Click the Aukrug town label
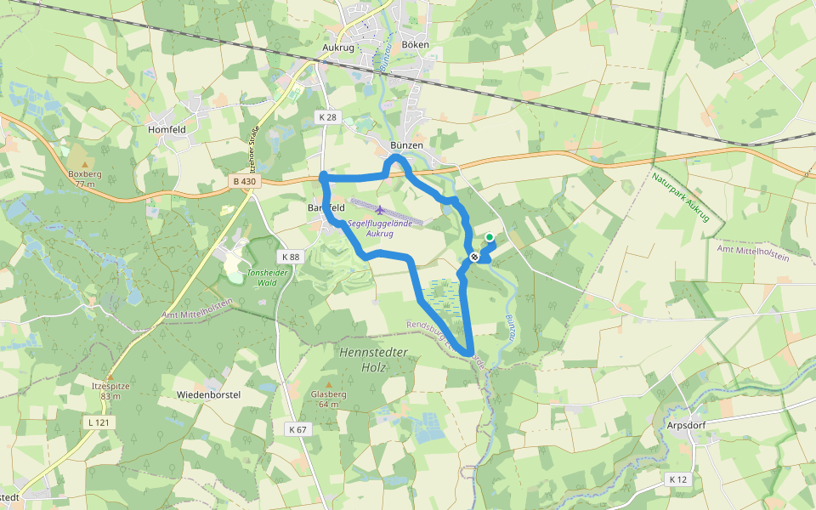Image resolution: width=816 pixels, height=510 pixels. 337,48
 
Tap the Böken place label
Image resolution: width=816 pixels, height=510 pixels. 415,44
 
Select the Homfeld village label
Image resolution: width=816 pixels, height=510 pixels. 166,129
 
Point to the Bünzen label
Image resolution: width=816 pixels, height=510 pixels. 406,145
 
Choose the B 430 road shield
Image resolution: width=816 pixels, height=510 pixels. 243,181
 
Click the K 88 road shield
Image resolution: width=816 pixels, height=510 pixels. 290,257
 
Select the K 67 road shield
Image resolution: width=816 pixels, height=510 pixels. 297,429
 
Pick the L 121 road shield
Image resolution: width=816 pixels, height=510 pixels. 99,422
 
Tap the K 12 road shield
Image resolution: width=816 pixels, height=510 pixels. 677,479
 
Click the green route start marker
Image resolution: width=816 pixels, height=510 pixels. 490,238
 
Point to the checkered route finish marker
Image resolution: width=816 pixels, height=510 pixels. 474,257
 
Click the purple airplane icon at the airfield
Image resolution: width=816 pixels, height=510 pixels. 379,210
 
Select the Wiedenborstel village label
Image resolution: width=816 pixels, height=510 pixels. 208,395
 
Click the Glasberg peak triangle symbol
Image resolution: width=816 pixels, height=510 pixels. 328,384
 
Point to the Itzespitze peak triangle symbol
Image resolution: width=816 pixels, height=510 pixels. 108,375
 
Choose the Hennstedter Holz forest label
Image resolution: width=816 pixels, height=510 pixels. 374,360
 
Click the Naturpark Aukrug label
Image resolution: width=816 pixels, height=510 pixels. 680,199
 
